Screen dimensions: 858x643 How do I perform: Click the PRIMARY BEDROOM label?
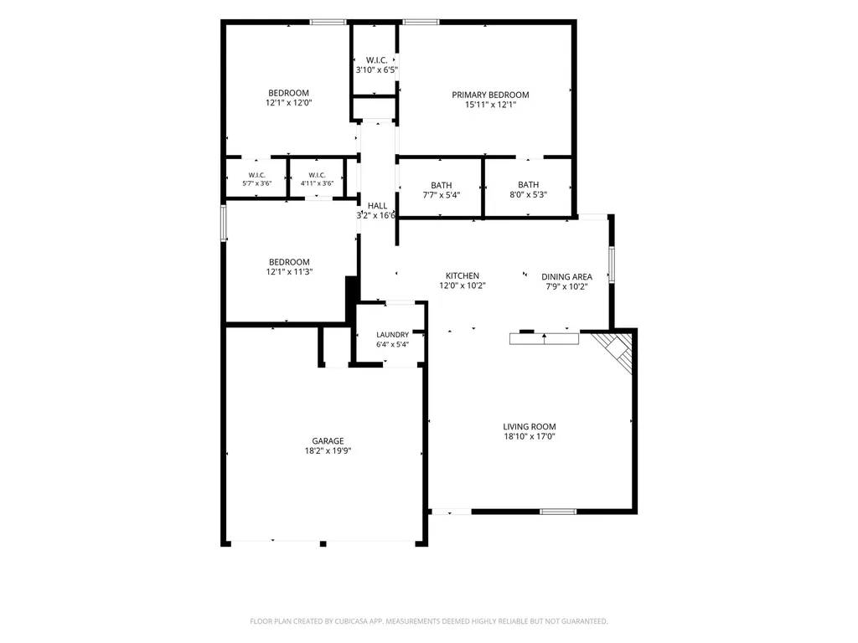(490, 95)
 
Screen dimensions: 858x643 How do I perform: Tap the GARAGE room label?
(328, 440)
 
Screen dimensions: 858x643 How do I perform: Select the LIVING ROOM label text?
(530, 426)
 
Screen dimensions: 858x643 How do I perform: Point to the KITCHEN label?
(463, 275)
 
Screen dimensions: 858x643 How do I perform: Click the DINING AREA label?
(567, 276)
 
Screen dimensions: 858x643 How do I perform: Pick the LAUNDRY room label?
(392, 335)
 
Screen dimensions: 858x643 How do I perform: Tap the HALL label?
(377, 206)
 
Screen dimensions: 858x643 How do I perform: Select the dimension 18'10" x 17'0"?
(530, 436)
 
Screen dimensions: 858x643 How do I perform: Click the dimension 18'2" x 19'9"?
(328, 451)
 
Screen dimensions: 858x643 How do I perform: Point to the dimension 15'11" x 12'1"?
(490, 105)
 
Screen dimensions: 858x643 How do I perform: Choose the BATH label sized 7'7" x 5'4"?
(441, 185)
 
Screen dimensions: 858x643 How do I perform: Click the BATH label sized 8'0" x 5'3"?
(528, 185)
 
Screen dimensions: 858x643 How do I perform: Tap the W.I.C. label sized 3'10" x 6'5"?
(376, 60)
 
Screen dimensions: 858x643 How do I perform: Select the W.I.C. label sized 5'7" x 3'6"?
(256, 175)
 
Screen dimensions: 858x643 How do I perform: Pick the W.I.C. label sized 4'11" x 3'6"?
(317, 175)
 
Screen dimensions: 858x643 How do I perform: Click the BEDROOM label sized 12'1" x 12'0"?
(288, 93)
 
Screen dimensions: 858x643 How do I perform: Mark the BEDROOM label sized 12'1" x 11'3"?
(289, 262)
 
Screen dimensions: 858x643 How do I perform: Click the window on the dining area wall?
(611, 265)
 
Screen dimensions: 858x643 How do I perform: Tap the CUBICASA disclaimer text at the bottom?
(428, 621)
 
